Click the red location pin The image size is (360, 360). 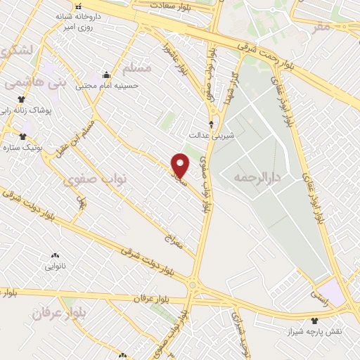pos(181,165)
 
